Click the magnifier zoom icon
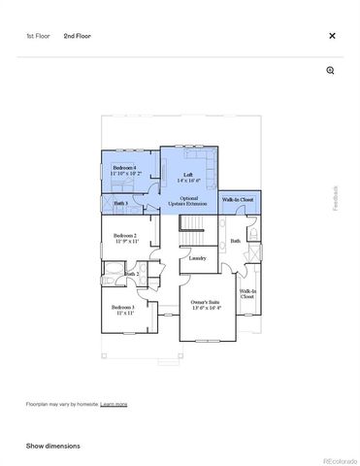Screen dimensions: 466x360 point(331,71)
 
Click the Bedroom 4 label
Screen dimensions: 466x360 point(126,169)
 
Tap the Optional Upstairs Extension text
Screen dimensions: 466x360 point(188,201)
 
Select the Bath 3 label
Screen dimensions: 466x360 point(121,203)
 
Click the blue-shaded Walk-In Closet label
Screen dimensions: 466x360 point(238,199)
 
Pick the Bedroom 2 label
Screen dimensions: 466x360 point(125,237)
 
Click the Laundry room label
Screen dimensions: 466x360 point(197,258)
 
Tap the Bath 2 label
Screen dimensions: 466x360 point(131,275)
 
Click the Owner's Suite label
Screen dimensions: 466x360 point(205,305)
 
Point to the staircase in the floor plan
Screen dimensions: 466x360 point(193,232)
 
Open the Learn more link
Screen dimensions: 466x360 point(114,404)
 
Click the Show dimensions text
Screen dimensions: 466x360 point(53,446)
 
